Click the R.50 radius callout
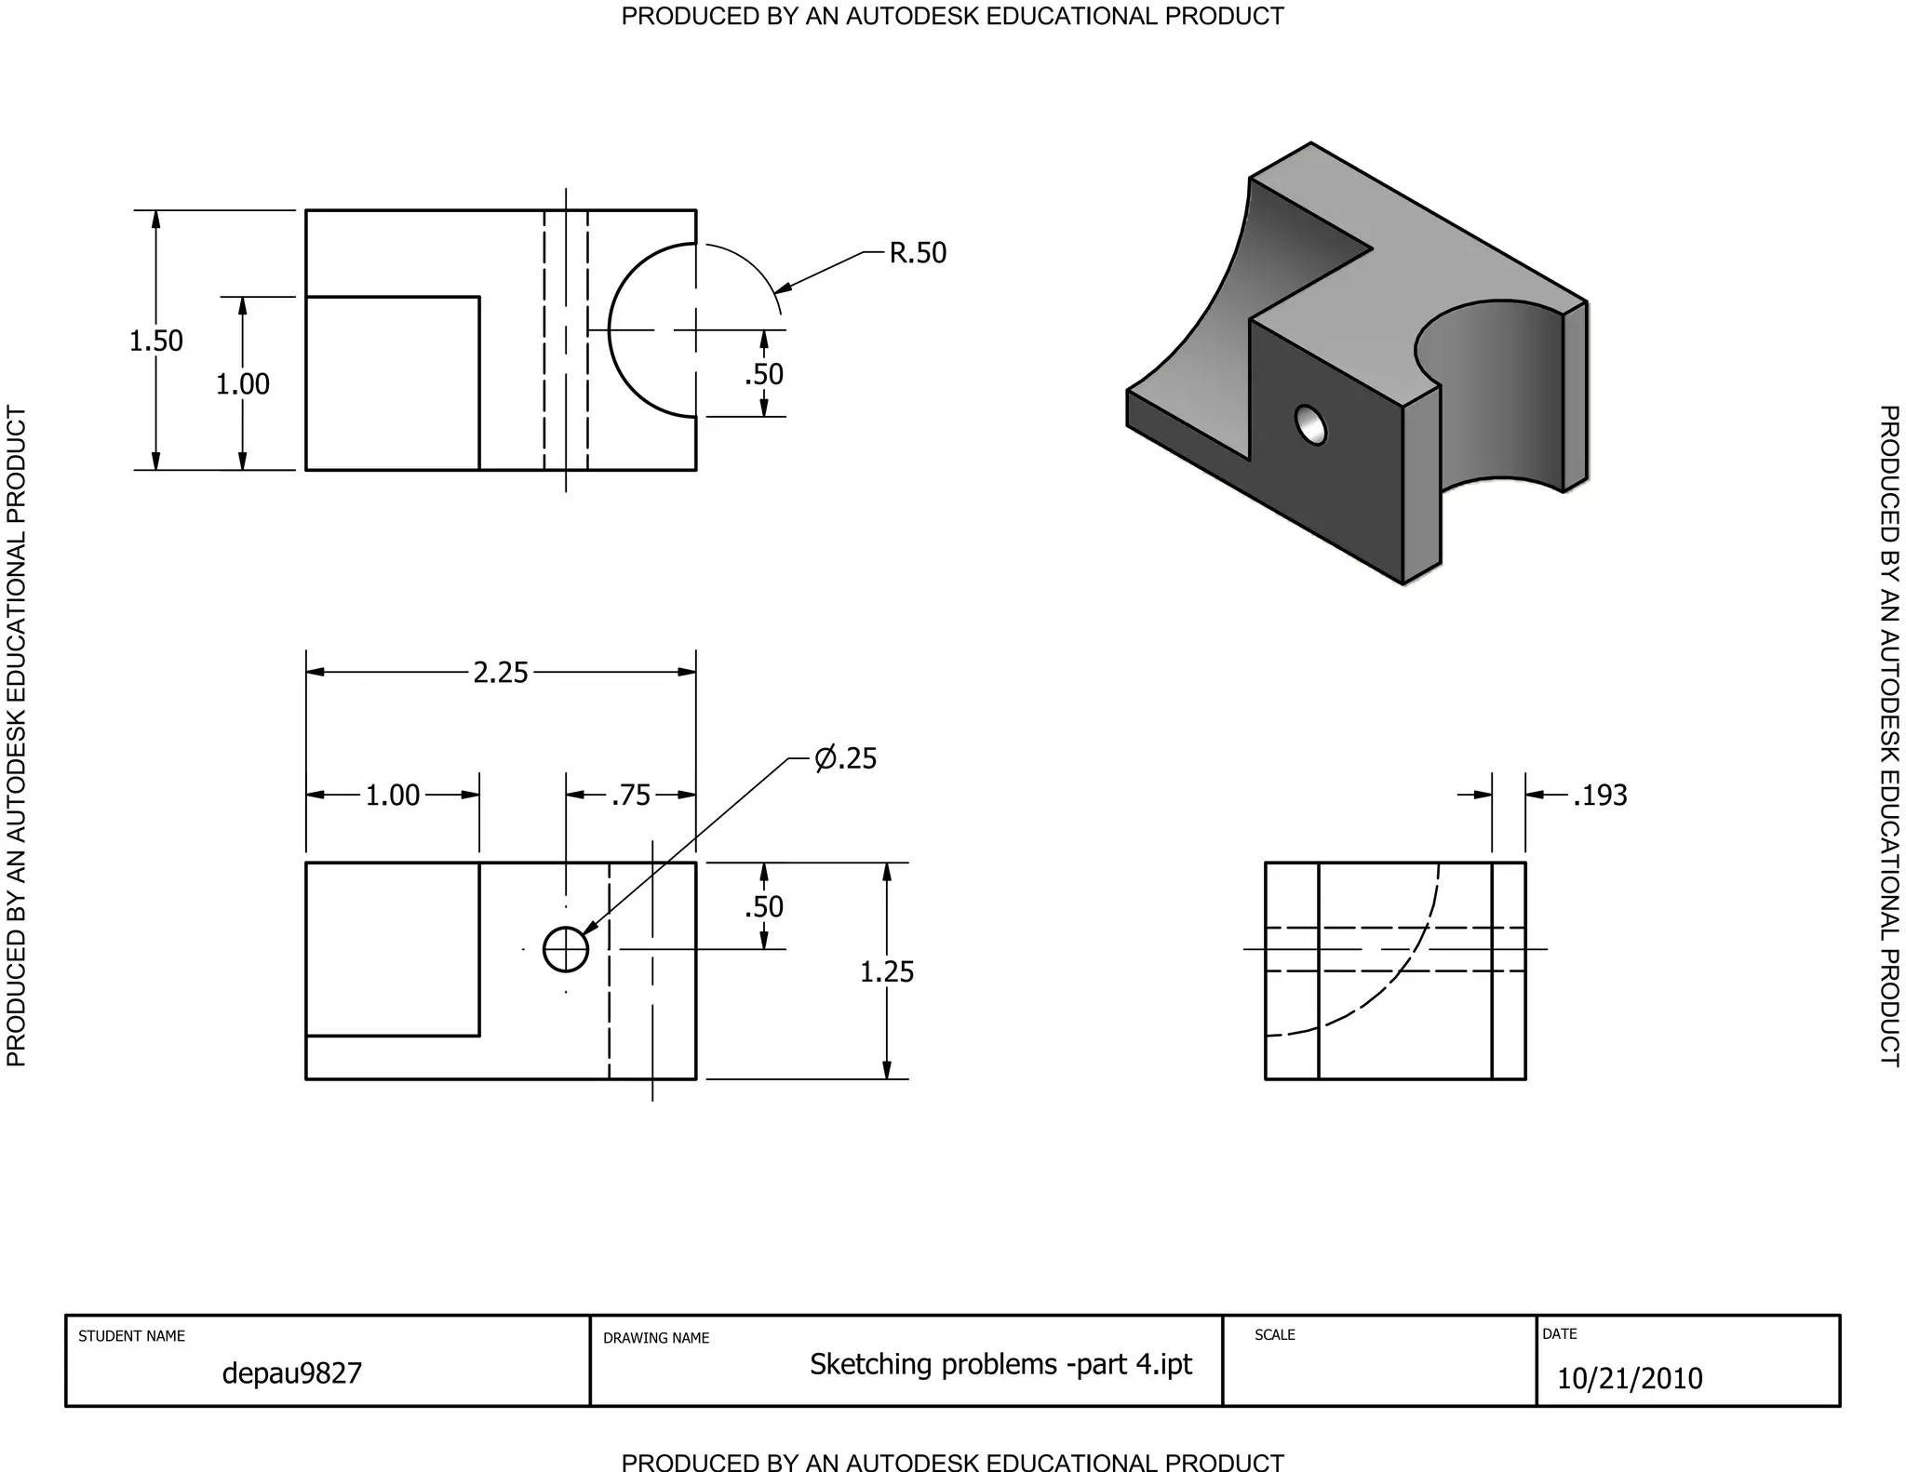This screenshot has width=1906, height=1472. click(917, 253)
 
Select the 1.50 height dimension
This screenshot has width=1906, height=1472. click(155, 341)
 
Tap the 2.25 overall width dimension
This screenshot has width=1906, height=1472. click(500, 672)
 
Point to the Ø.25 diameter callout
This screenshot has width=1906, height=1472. click(845, 758)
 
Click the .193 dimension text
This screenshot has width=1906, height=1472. click(1600, 796)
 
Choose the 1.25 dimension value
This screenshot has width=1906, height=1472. click(886, 971)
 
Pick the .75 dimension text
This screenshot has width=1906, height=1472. click(631, 796)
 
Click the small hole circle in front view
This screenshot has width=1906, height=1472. click(566, 949)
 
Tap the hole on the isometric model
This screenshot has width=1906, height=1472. click(1310, 425)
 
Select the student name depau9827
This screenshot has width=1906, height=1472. click(291, 1373)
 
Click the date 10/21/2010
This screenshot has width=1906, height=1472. click(1629, 1378)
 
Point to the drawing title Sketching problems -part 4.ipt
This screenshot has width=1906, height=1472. click(1000, 1364)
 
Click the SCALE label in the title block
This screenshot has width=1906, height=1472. click(1274, 1334)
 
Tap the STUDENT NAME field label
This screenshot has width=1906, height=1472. click(131, 1336)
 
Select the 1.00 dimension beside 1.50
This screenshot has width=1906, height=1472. click(242, 383)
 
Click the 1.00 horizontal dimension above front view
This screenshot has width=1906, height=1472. click(392, 796)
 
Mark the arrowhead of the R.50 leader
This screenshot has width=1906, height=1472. click(782, 288)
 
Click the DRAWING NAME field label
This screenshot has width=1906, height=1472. click(655, 1338)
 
